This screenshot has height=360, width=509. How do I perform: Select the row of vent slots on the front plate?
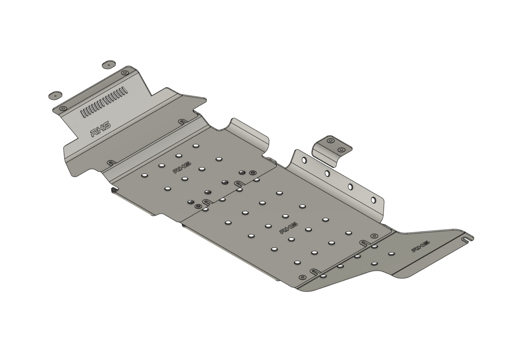click(x=104, y=103)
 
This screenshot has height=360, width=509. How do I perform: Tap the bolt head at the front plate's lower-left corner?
click(x=63, y=108)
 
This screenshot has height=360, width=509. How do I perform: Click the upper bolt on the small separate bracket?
click(x=330, y=141)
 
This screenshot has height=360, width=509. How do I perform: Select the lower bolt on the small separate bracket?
click(x=340, y=150)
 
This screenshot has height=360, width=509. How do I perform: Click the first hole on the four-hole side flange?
click(x=304, y=160)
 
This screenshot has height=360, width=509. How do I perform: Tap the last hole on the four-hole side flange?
click(x=373, y=200)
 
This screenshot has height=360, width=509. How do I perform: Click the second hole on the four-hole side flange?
click(x=327, y=173)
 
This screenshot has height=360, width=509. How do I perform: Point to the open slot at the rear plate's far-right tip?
click(x=467, y=240)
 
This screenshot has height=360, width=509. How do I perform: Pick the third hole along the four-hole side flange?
click(x=350, y=186)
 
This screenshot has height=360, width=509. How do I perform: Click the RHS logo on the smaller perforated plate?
click(x=182, y=168)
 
